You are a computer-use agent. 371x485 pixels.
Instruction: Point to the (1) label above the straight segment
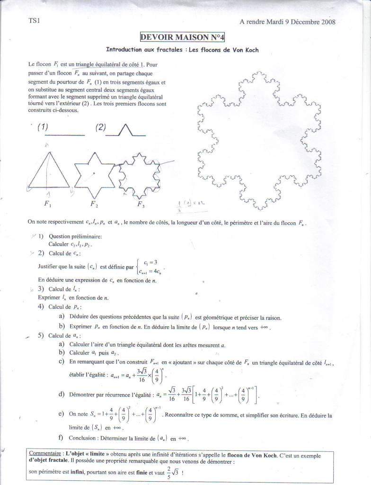tap(43, 126)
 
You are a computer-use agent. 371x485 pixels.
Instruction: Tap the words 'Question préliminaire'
tap(72, 236)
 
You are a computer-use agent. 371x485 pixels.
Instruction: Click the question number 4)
tap(41, 306)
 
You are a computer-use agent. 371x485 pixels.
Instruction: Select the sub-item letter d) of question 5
tap(62, 394)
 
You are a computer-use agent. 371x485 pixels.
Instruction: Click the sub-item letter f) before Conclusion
tap(61, 437)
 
